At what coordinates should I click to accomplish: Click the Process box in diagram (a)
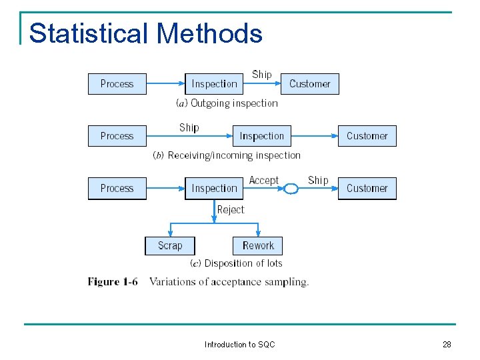pos(117,84)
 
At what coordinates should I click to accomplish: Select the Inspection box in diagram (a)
pos(214,84)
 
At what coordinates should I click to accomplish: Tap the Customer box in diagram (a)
pos(309,84)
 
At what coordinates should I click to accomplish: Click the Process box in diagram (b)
pos(117,136)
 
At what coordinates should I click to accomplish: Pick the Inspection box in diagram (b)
pos(261,136)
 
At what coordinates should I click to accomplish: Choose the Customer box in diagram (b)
pos(367,136)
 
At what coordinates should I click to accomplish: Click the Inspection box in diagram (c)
pos(214,189)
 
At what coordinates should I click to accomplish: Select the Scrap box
pos(170,245)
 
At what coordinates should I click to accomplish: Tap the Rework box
pos(258,245)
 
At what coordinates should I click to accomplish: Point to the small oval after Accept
pos(291,189)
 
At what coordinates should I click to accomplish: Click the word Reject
pos(231,209)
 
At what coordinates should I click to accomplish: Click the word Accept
pos(264,181)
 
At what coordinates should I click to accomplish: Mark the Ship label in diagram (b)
pos(189,127)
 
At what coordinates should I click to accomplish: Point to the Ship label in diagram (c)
pos(318,180)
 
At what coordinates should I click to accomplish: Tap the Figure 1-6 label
pos(113,282)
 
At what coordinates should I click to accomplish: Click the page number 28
pos(447,345)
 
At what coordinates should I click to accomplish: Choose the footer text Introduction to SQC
pos(239,345)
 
